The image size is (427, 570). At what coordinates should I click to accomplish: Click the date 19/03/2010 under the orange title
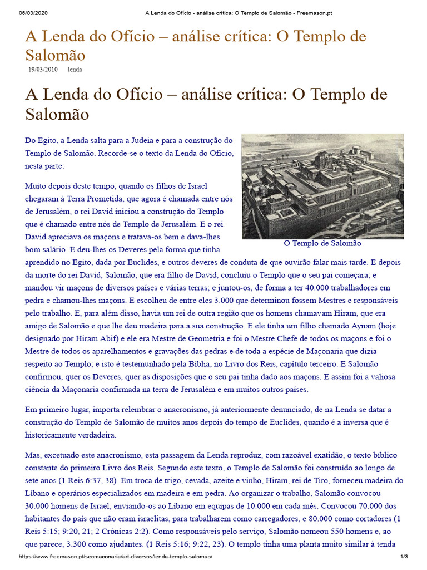(x=43, y=70)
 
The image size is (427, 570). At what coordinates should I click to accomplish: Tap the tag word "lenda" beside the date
(x=75, y=70)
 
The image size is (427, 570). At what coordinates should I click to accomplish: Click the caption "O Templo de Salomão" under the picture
(x=322, y=243)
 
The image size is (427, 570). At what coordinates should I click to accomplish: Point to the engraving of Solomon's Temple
(x=322, y=186)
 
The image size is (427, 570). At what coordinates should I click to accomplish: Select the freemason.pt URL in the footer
(x=116, y=557)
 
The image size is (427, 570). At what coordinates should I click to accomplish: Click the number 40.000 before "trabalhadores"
(x=314, y=288)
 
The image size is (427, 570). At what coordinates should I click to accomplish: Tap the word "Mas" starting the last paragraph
(x=33, y=454)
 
